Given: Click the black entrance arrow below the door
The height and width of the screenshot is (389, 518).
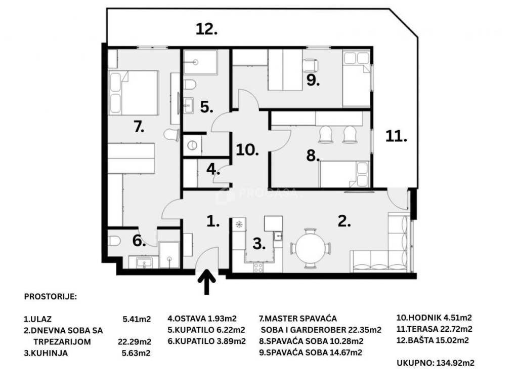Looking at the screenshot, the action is pyautogui.click(x=207, y=282).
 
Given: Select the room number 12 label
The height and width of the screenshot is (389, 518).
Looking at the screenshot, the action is pyautogui.click(x=207, y=29).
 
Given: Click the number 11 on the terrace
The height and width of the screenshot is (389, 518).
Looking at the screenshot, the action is pyautogui.click(x=396, y=136).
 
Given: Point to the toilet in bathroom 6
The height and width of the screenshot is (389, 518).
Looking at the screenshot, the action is pyautogui.click(x=114, y=241).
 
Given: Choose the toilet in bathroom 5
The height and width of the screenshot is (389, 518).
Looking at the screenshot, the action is pyautogui.click(x=190, y=85).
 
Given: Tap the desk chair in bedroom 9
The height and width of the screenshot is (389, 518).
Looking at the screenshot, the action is pyautogui.click(x=311, y=65).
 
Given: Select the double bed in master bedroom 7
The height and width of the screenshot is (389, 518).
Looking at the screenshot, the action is pyautogui.click(x=133, y=93).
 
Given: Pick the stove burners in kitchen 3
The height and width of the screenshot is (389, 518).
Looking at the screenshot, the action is pyautogui.click(x=258, y=267).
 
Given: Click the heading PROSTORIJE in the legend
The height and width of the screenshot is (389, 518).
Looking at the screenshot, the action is pyautogui.click(x=50, y=296).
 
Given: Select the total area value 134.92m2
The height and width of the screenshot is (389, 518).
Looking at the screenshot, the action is pyautogui.click(x=455, y=363).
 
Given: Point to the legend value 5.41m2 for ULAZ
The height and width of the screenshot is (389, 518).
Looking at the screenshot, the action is pyautogui.click(x=137, y=319).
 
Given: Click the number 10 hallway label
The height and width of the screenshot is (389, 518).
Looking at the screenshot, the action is pyautogui.click(x=247, y=150).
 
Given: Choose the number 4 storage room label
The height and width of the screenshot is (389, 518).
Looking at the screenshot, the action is pyautogui.click(x=213, y=169).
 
